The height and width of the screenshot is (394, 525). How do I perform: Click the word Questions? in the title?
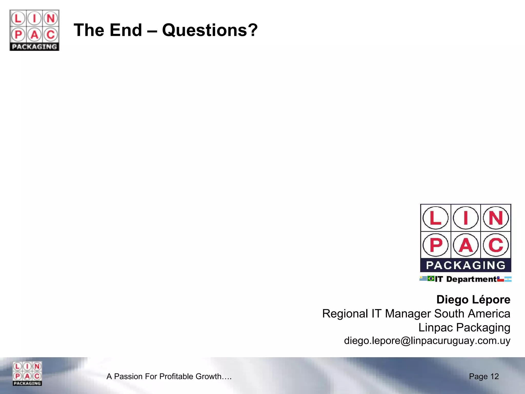click(x=210, y=31)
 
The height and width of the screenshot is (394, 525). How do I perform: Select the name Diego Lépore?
click(x=473, y=300)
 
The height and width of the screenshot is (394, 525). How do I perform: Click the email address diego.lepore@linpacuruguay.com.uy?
click(x=427, y=341)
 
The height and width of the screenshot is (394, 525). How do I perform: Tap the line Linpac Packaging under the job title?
click(x=464, y=328)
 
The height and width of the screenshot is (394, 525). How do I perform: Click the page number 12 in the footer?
click(x=494, y=376)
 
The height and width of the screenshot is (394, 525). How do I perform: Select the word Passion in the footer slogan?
click(x=128, y=376)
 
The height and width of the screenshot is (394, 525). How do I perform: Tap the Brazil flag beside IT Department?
click(x=431, y=279)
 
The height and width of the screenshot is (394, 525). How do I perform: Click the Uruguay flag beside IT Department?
click(x=423, y=279)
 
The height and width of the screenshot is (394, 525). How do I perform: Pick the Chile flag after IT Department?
click(x=500, y=279)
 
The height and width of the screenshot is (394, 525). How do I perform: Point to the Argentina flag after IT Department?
click(x=508, y=279)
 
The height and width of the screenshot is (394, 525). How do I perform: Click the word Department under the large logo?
click(x=471, y=279)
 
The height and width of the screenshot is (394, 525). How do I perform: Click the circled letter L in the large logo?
click(x=435, y=218)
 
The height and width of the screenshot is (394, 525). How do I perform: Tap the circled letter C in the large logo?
click(x=496, y=245)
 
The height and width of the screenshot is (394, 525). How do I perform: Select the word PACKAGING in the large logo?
click(x=466, y=265)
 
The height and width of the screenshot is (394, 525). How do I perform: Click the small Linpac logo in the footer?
click(x=27, y=373)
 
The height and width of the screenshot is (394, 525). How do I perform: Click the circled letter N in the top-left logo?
click(x=51, y=19)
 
